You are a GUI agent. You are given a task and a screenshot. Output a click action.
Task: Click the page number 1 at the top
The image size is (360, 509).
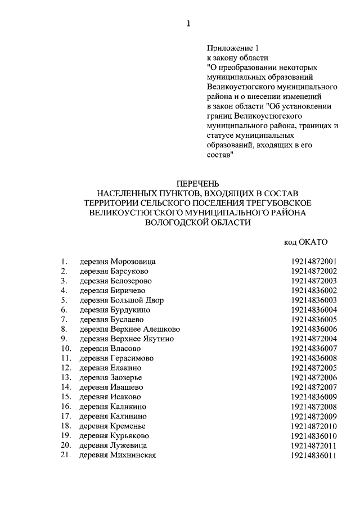(x=188, y=24)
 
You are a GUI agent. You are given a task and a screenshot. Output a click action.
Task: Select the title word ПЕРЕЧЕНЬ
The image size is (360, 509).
(x=195, y=184)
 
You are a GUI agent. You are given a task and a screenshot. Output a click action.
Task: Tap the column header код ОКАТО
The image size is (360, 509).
(x=305, y=242)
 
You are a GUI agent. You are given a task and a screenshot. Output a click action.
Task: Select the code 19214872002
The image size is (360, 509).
(x=313, y=271)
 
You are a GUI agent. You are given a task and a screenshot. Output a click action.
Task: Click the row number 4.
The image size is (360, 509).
(x=64, y=290)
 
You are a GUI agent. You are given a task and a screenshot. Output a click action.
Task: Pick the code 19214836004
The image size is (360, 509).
(x=313, y=310)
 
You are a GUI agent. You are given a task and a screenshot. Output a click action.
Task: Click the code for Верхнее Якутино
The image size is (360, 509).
(x=313, y=339)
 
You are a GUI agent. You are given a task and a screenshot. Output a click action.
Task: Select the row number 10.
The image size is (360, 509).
(x=66, y=349)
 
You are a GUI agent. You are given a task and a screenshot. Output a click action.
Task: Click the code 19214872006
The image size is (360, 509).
(x=313, y=377)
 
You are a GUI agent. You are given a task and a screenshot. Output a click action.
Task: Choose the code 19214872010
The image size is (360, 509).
(x=313, y=426)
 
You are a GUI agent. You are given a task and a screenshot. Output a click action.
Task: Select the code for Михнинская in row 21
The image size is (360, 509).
(x=313, y=455)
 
